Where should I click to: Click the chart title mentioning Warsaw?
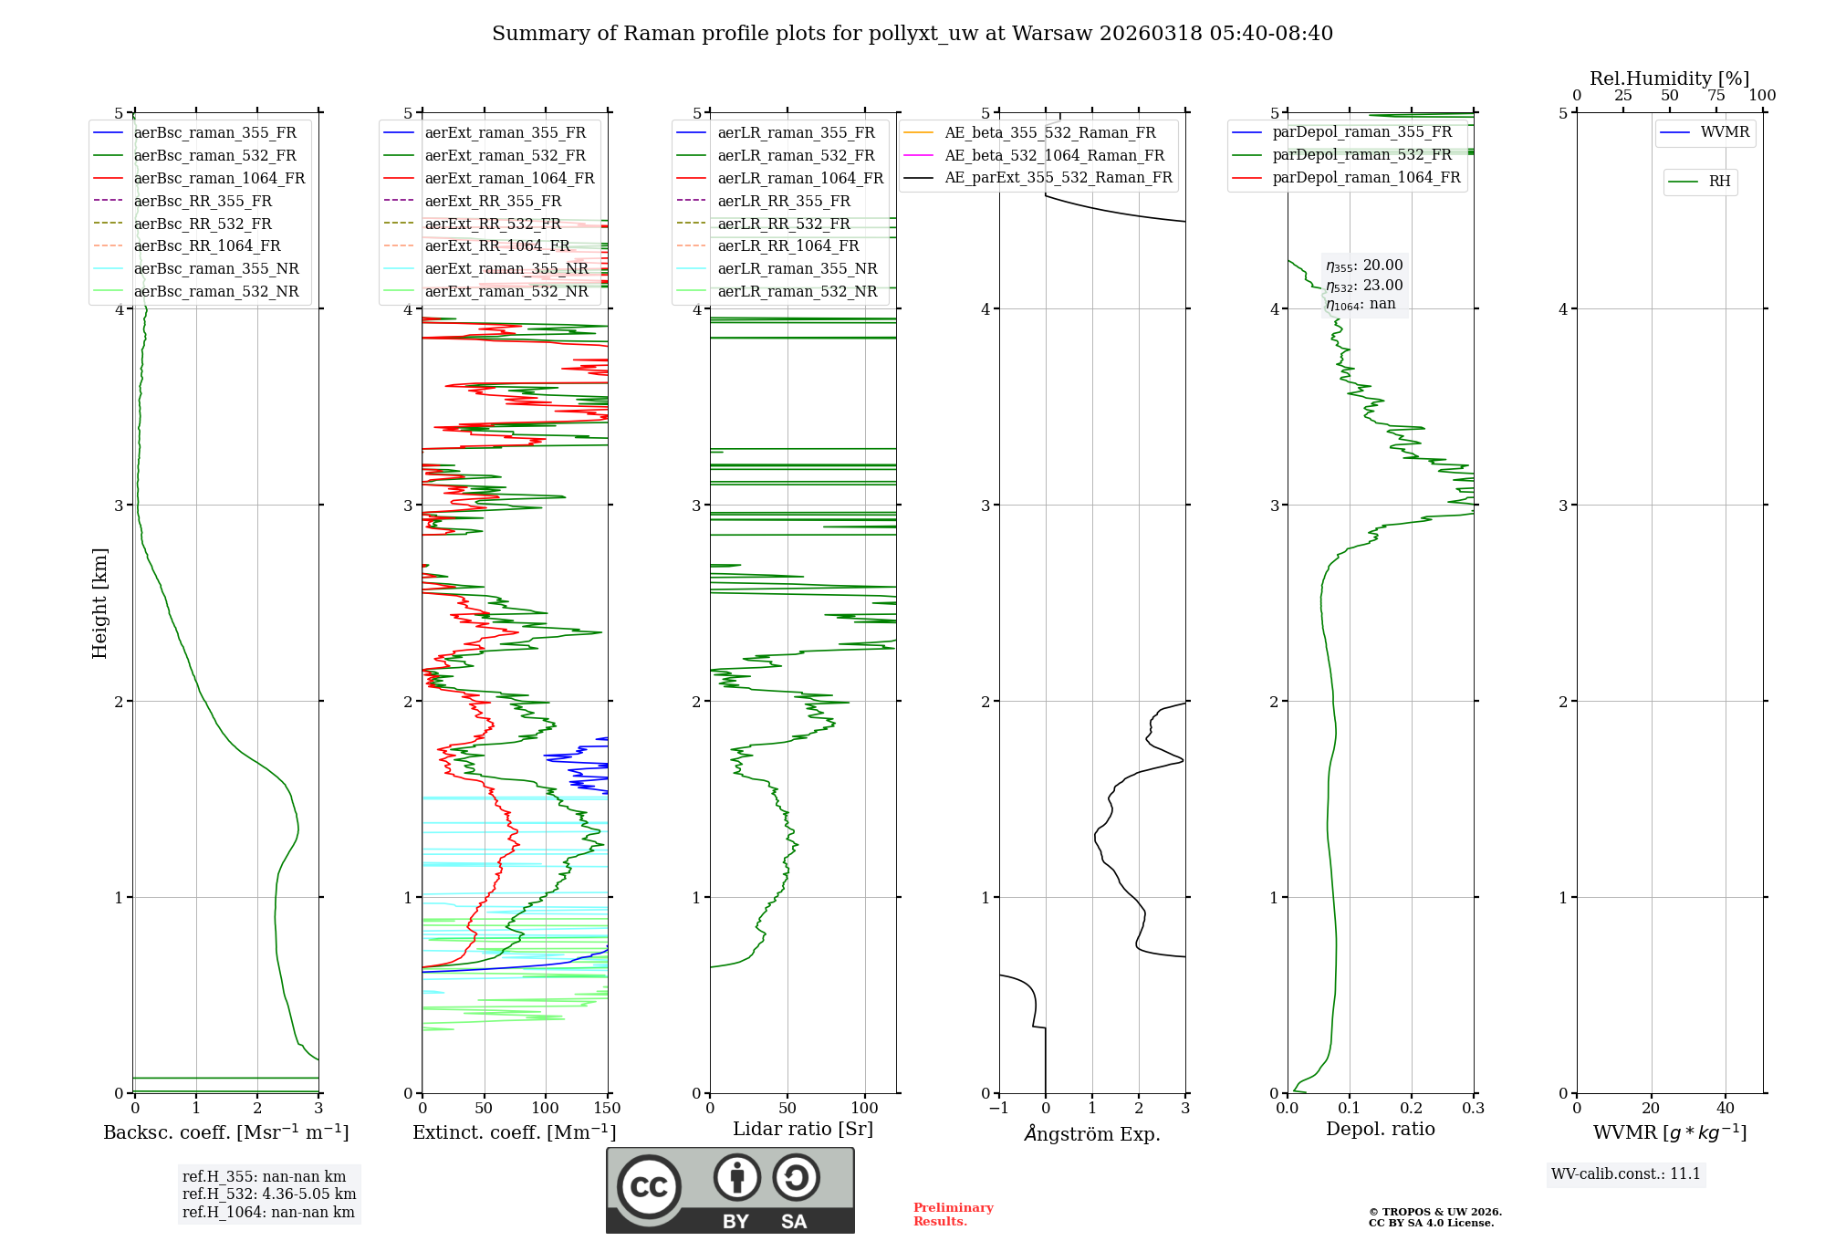coord(912,34)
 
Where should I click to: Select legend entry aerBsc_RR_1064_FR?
coord(207,246)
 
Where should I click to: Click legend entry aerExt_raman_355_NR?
coord(506,269)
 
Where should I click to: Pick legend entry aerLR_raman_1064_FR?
coord(800,179)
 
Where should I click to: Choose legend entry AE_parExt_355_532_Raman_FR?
coord(1058,178)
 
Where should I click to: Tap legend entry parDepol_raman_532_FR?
coord(1361,155)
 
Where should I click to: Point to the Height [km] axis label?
coord(100,603)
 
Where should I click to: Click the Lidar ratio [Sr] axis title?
coord(803,1130)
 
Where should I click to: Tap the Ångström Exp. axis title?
coord(1092,1134)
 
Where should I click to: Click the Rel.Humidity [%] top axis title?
coord(1669,78)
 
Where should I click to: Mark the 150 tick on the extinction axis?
coord(608,1109)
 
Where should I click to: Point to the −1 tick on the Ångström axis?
coord(999,1109)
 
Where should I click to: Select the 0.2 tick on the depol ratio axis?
coord(1412,1109)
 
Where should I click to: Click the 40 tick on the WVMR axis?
coord(1726,1109)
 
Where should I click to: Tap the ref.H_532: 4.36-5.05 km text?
coord(269,1194)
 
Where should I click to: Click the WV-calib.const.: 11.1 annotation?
coord(1626,1174)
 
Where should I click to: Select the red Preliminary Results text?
coord(954,1215)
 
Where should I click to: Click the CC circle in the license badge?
coord(649,1187)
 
